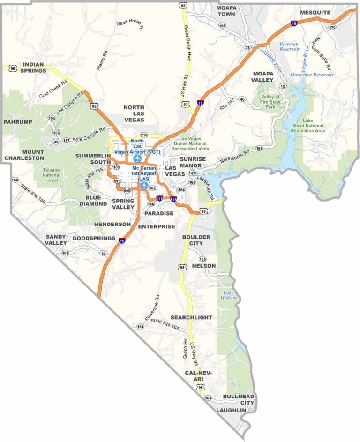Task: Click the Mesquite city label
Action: coord(315,12)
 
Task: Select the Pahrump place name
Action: coord(17,122)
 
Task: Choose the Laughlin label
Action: coord(231,410)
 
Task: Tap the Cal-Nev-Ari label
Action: coord(198,376)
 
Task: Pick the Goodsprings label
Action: coord(93,238)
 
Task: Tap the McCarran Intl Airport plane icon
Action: coord(144,185)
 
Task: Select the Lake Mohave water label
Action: coord(230,295)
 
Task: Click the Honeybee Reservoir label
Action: coord(312,75)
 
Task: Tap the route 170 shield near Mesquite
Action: coord(332,27)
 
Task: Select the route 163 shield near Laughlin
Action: coord(208,398)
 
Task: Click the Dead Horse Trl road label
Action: coord(129,26)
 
